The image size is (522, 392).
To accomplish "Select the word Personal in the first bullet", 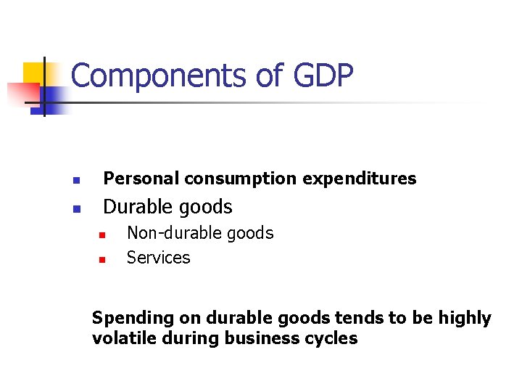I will (141, 179).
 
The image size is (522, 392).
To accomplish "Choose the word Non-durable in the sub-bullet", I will (164, 233).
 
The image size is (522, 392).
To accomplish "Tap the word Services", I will (158, 258).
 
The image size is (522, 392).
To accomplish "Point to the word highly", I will (465, 319).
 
